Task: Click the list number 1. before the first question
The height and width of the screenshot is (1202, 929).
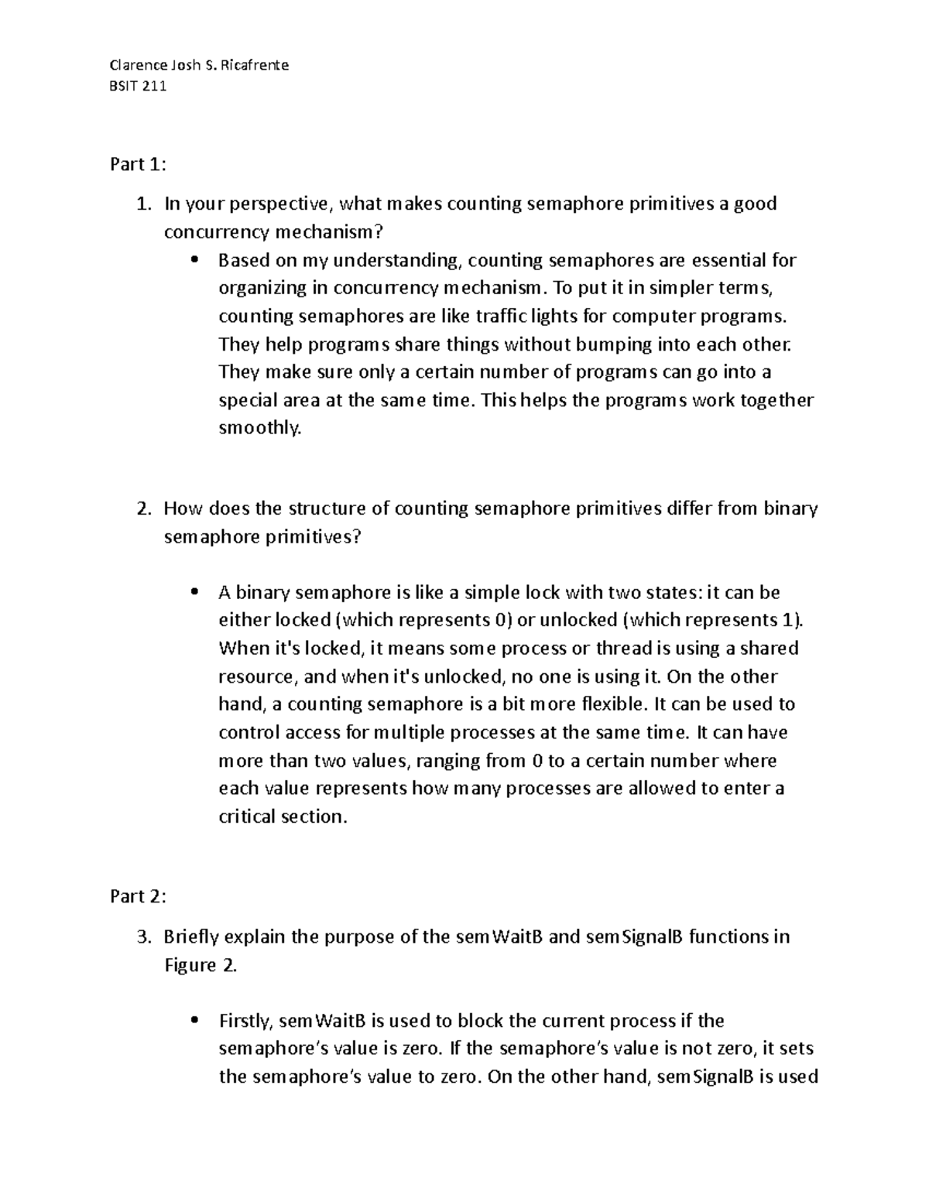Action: [142, 204]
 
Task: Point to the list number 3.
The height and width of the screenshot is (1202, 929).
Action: [142, 937]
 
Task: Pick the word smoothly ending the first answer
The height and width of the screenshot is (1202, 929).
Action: [258, 428]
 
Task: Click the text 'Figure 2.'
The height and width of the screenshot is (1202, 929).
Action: [201, 965]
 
